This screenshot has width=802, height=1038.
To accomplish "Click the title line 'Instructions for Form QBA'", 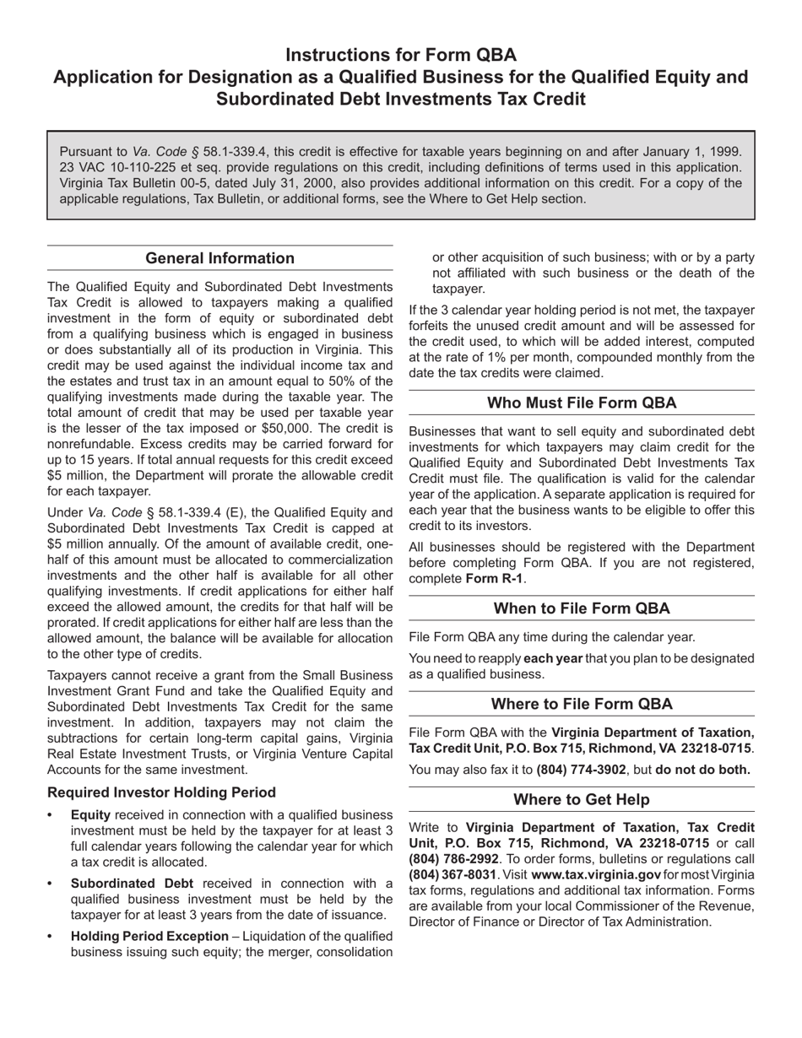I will coord(401,56).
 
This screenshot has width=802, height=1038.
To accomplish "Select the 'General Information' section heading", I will coord(220,258).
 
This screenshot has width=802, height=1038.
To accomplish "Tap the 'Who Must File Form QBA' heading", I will coord(582,403).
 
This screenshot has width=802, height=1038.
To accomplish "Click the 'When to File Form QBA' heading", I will coord(582,608).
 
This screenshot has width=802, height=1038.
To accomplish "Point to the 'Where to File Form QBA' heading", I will coord(582,704).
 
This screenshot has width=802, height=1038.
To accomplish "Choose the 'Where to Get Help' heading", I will coord(582,799).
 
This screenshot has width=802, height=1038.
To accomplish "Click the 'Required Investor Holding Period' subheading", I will coord(161,792).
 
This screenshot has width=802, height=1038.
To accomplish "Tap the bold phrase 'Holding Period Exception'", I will coord(149,936).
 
